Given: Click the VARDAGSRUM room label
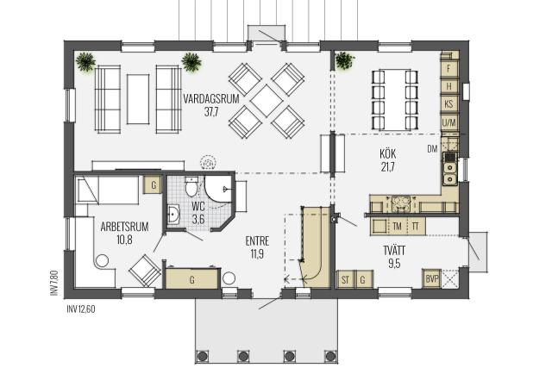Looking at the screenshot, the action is pyautogui.click(x=211, y=98).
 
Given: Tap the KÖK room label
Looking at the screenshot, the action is pyautogui.click(x=387, y=153).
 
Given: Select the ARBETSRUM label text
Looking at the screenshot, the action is pyautogui.click(x=124, y=227).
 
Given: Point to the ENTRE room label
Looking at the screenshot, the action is pyautogui.click(x=257, y=241).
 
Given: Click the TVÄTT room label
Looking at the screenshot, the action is pyautogui.click(x=394, y=251).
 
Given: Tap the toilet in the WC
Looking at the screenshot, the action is pyautogui.click(x=191, y=186).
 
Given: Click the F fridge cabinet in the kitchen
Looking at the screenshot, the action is pyautogui.click(x=448, y=68).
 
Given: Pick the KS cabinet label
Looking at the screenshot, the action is pyautogui.click(x=448, y=104).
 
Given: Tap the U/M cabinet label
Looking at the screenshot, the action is pyautogui.click(x=448, y=122).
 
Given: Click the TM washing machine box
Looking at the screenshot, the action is pyautogui.click(x=397, y=226).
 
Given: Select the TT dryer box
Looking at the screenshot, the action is pyautogui.click(x=416, y=226).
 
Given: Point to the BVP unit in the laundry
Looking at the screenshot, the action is pyautogui.click(x=432, y=278).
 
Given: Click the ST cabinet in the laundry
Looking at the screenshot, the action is pyautogui.click(x=346, y=280).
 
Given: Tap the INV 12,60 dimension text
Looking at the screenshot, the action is pyautogui.click(x=80, y=309).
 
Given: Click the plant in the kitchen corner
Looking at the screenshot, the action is pyautogui.click(x=345, y=61).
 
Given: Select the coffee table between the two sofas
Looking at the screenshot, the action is pyautogui.click(x=138, y=99).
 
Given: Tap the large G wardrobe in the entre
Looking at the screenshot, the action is pyautogui.click(x=192, y=279).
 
